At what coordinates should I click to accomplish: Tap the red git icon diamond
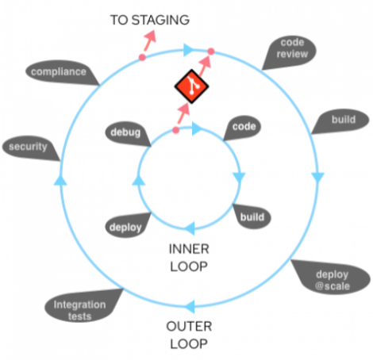point(191,89)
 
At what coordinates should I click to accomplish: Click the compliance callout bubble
point(59,73)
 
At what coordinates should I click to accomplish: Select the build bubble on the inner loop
point(252,216)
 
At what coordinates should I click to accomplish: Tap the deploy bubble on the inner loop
point(125,227)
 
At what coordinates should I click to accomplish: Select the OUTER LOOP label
point(188,334)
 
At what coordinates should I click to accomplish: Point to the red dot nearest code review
point(210,52)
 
